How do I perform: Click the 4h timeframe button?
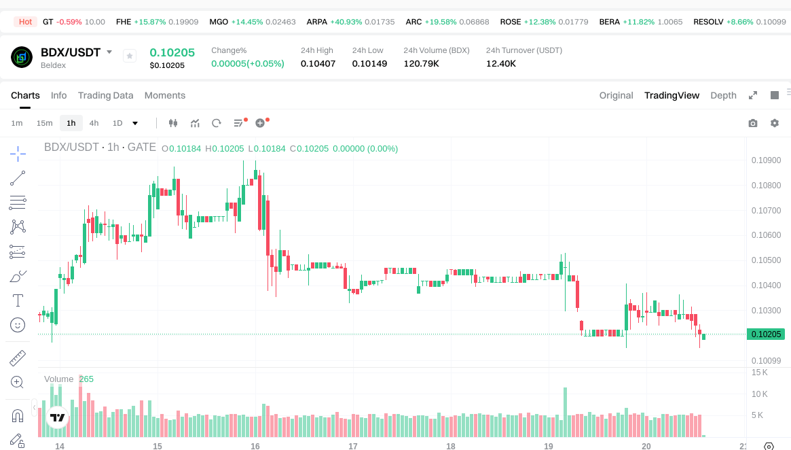point(94,123)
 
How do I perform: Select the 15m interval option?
point(44,123)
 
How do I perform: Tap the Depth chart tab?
point(723,95)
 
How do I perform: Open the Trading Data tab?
point(105,95)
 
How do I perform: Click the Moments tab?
point(164,95)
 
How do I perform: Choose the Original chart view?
point(616,95)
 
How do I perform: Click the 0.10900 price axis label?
point(765,160)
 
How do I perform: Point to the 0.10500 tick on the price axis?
point(765,260)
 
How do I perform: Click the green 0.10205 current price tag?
point(766,334)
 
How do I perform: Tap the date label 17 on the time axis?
point(353,447)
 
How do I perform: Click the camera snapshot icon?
point(752,123)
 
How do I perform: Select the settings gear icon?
point(774,123)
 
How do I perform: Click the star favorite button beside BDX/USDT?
point(130,56)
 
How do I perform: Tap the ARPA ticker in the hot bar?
point(316,22)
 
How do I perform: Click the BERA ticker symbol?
point(609,22)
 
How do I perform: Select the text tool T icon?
point(18,300)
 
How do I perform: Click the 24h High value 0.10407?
point(318,63)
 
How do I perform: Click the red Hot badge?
point(25,22)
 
